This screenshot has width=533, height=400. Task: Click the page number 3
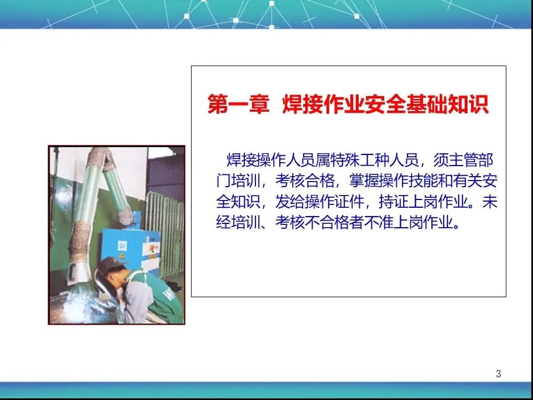coord(499,373)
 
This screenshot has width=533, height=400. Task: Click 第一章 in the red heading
coord(238,104)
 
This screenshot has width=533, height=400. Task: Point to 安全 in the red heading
coord(385,104)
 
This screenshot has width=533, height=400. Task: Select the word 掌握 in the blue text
coord(364,181)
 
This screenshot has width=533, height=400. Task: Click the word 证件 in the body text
coord(349,202)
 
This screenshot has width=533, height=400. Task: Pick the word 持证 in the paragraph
coord(394,202)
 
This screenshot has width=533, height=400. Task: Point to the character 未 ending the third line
coord(490,202)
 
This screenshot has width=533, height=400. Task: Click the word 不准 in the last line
coord(379,222)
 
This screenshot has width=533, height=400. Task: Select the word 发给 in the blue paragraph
coord(290,202)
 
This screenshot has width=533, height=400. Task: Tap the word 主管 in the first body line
coord(463,160)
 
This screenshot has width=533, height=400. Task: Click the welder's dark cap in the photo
coord(109,264)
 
